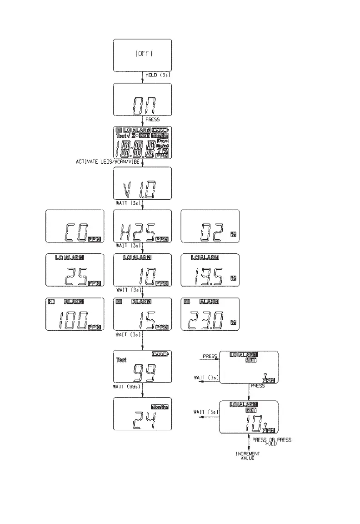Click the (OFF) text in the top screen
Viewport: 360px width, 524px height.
point(143,54)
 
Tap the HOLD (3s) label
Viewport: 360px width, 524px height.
point(158,75)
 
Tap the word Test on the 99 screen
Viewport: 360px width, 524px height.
point(121,360)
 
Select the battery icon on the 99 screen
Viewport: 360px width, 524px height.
point(161,353)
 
